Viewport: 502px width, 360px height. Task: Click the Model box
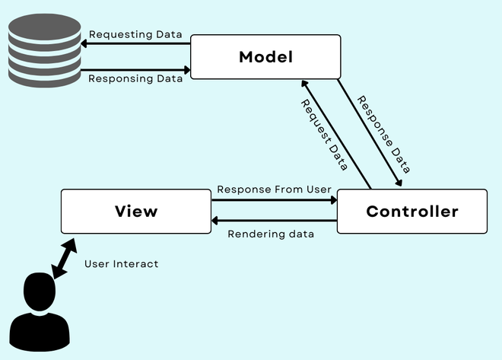click(265, 57)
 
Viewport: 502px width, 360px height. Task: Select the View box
click(136, 212)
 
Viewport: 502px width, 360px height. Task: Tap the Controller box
click(411, 212)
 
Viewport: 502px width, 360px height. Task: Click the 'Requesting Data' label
click(136, 34)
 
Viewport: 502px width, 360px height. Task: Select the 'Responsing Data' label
click(136, 78)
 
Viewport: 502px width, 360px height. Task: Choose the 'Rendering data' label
click(271, 233)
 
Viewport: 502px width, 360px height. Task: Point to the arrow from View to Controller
click(274, 200)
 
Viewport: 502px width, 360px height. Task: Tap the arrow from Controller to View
click(274, 221)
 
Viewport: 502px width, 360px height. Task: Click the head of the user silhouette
click(39, 291)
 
